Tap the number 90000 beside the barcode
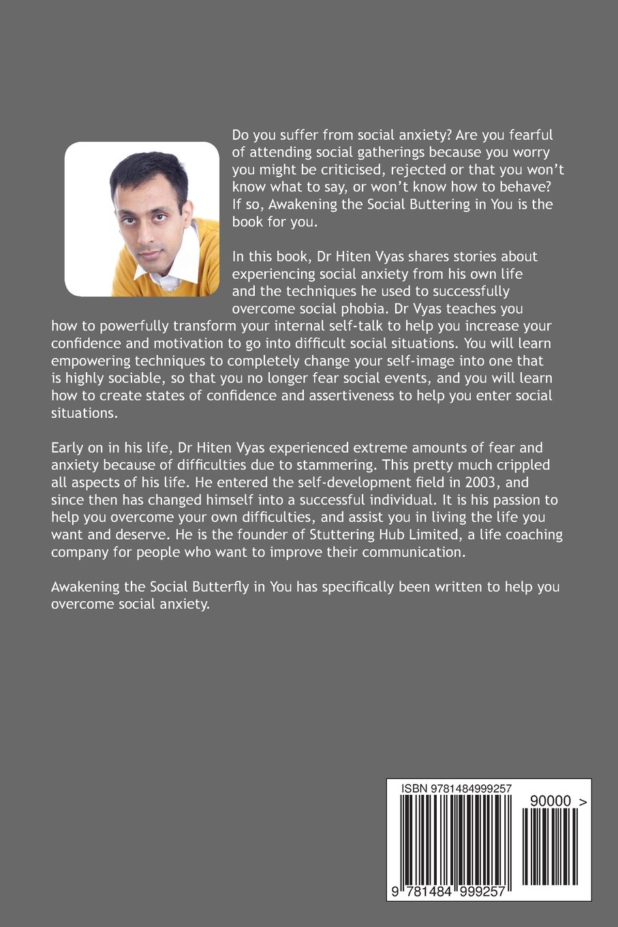(x=550, y=802)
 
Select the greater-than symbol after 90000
(x=582, y=802)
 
